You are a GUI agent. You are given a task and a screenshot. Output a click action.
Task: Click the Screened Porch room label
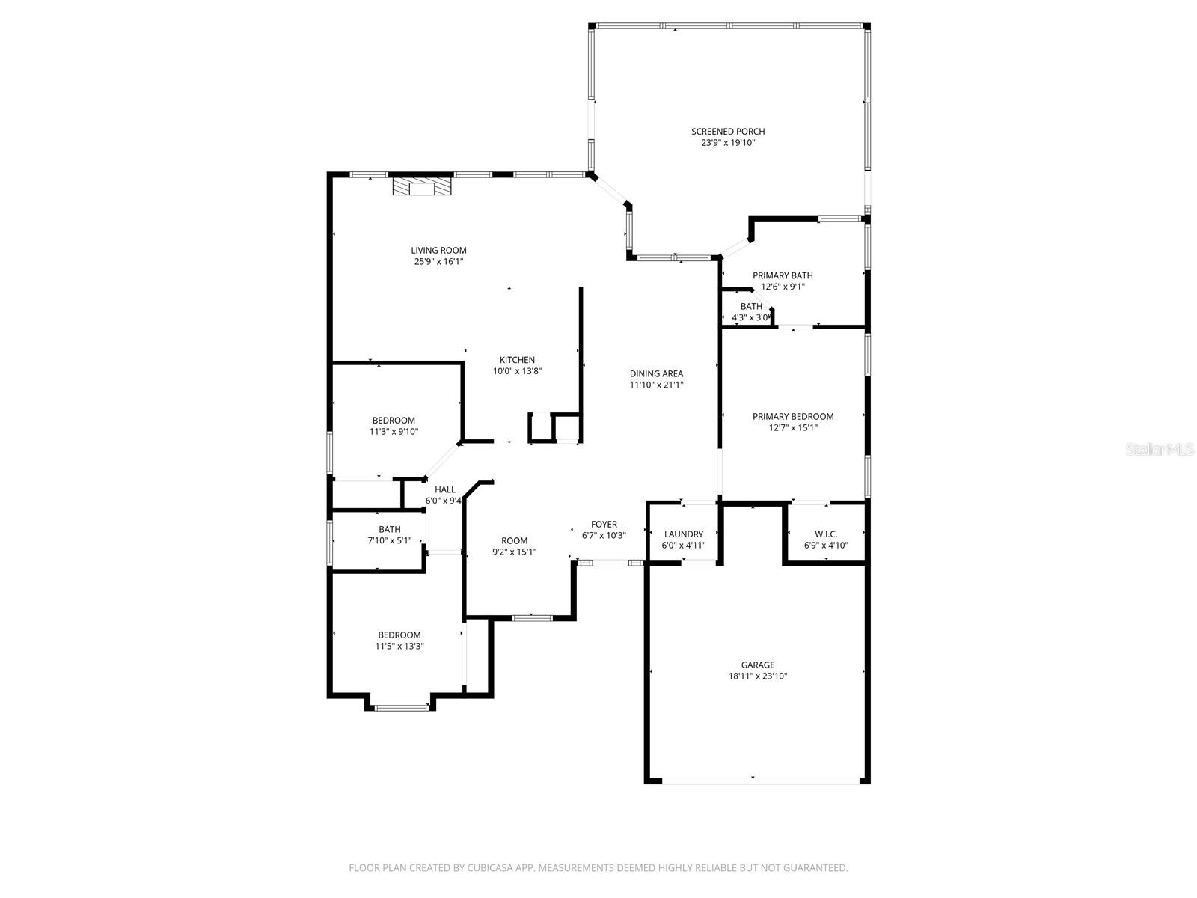pyautogui.click(x=727, y=132)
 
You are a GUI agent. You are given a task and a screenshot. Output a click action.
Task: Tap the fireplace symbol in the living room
pyautogui.click(x=423, y=186)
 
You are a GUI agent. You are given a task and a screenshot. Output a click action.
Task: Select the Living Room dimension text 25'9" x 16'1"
pyautogui.click(x=438, y=262)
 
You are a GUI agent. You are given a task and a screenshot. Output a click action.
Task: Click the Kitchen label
pyautogui.click(x=517, y=360)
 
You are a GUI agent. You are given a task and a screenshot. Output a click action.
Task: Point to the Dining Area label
pyautogui.click(x=656, y=373)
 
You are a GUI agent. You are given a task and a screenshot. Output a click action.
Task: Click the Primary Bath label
pyautogui.click(x=782, y=275)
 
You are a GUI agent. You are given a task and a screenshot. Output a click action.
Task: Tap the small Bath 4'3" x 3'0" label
pyautogui.click(x=751, y=307)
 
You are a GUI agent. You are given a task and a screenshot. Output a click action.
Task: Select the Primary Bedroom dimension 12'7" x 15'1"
pyautogui.click(x=792, y=428)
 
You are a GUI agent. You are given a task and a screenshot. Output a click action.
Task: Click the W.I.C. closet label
pyautogui.click(x=825, y=534)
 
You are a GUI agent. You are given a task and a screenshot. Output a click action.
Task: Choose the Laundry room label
pyautogui.click(x=683, y=534)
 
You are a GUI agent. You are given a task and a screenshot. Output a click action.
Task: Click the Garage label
pyautogui.click(x=757, y=665)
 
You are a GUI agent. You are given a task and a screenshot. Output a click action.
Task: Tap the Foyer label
pyautogui.click(x=604, y=525)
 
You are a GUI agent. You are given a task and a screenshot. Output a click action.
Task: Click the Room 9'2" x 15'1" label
pyautogui.click(x=514, y=541)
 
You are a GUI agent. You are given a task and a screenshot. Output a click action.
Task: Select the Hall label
pyautogui.click(x=444, y=490)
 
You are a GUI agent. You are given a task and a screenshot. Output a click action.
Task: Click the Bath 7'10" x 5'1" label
pyautogui.click(x=389, y=530)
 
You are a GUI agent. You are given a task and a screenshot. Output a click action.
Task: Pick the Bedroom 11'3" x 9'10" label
pyautogui.click(x=394, y=421)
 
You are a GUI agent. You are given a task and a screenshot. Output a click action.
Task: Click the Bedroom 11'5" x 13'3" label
pyautogui.click(x=399, y=635)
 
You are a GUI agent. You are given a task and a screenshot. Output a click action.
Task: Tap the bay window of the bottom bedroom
pyautogui.click(x=401, y=706)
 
